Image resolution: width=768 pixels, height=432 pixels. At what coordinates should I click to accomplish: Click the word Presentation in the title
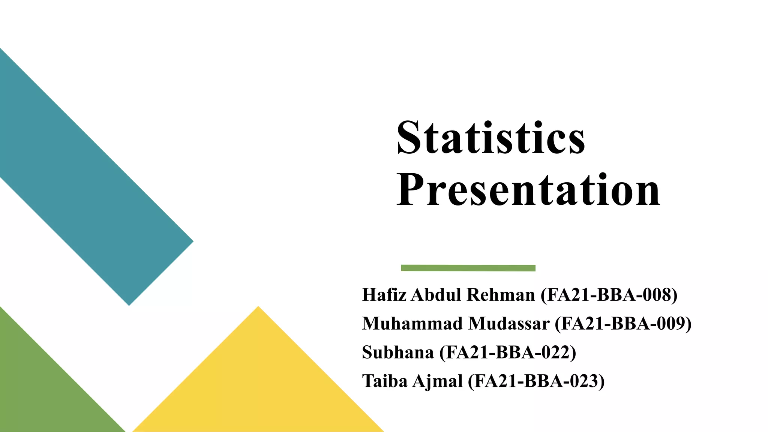pyautogui.click(x=528, y=190)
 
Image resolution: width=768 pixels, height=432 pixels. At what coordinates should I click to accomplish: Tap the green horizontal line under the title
pyautogui.click(x=468, y=268)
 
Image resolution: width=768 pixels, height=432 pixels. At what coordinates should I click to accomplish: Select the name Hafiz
pyautogui.click(x=384, y=295)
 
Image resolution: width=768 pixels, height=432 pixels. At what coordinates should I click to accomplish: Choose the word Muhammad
pyautogui.click(x=412, y=323)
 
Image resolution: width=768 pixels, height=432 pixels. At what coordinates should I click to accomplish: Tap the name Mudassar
pyautogui.click(x=509, y=323)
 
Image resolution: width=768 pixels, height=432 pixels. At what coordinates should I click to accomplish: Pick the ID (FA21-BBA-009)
pyautogui.click(x=623, y=323)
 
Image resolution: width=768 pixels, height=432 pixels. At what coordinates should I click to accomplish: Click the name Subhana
pyautogui.click(x=397, y=352)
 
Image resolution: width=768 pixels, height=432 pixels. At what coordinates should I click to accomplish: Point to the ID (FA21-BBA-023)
pyautogui.click(x=536, y=381)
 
